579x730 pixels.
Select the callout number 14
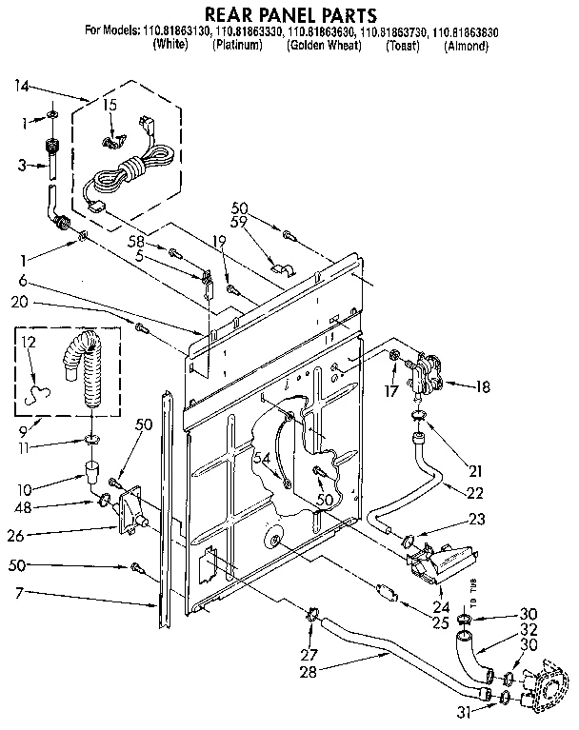click(21, 87)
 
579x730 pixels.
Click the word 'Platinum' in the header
click(237, 46)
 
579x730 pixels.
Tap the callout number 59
click(239, 224)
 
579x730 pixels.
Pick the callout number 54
click(260, 460)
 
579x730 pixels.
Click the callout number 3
click(22, 166)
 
